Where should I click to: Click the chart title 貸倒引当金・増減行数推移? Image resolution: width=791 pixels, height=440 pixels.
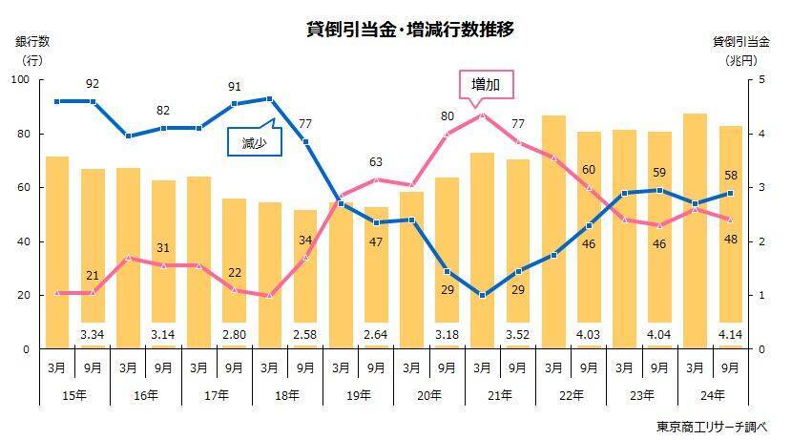(410, 29)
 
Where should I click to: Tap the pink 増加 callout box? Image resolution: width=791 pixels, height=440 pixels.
(486, 84)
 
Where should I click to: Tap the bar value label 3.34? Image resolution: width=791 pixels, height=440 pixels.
(92, 334)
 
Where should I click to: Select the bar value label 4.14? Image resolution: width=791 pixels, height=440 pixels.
(732, 334)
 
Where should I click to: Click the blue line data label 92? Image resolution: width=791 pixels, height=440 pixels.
(93, 84)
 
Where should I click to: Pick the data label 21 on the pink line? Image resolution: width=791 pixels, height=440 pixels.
(93, 276)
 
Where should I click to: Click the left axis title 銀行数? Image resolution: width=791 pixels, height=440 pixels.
(32, 41)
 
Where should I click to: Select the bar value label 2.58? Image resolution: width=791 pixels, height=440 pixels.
(305, 334)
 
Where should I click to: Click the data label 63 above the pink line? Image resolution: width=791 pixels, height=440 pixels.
(376, 161)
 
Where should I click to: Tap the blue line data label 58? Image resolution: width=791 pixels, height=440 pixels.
(732, 177)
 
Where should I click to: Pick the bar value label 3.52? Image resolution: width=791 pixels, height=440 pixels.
(518, 334)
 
